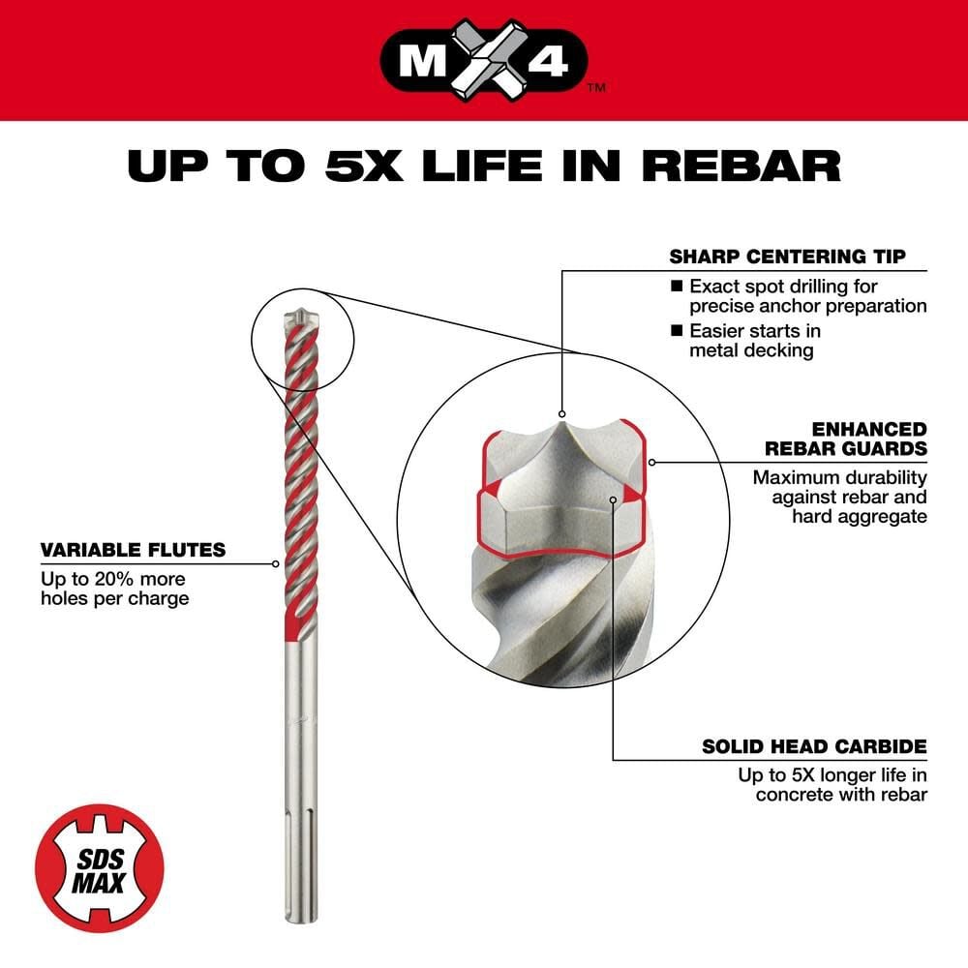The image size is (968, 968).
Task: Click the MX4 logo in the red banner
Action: click(484, 58)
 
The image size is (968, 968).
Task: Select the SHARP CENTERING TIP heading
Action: click(787, 257)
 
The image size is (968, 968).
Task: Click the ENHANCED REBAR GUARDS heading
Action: click(845, 438)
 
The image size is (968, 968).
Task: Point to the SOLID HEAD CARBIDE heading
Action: click(814, 746)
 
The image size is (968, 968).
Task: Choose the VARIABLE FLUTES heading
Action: click(133, 551)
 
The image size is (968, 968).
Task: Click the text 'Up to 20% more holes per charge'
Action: click(114, 589)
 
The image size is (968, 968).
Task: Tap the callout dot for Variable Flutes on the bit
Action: click(276, 563)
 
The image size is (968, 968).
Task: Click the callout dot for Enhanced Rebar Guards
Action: click(652, 461)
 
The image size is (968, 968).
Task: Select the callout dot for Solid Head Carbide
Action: click(614, 499)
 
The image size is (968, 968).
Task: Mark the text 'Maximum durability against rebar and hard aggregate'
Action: click(840, 497)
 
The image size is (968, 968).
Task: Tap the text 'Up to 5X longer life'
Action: click(832, 775)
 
